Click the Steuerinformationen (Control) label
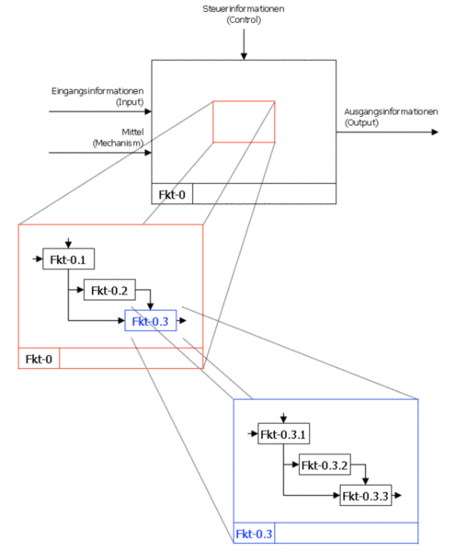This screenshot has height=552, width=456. tap(244, 14)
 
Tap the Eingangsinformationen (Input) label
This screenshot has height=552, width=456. tap(97, 97)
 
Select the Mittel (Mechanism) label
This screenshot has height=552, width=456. tap(119, 137)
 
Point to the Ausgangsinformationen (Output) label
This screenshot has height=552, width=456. tap(391, 117)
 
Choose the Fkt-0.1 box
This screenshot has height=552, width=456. tap(69, 259)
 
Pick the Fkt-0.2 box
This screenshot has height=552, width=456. tap(109, 290)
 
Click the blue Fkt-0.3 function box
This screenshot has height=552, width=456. tap(151, 321)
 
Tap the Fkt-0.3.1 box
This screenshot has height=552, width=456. tap(283, 433)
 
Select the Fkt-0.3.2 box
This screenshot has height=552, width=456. tap(325, 465)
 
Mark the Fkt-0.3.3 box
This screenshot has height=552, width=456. tap(366, 495)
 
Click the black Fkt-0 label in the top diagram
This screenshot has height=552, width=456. tap(172, 194)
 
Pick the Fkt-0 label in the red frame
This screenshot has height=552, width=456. tap(39, 359)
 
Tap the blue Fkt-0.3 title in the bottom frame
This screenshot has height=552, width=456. tap(254, 534)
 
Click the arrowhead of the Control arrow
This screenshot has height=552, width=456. tap(244, 56)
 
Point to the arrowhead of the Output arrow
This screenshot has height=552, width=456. tap(435, 132)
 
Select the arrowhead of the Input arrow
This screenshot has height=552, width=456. tap(148, 111)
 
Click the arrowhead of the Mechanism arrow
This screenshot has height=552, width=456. tap(148, 153)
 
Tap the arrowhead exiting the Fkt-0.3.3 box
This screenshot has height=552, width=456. tap(398, 495)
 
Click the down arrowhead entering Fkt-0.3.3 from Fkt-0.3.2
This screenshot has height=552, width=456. tap(366, 481)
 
